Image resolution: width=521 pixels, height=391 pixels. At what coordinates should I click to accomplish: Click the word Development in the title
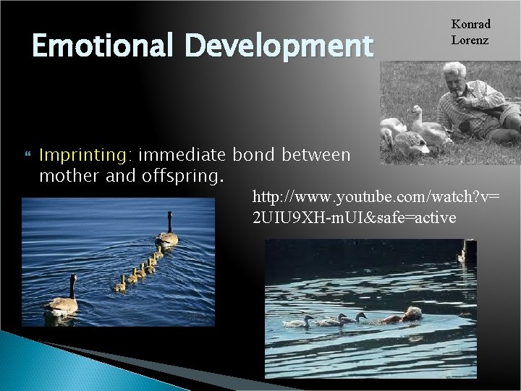point(278,46)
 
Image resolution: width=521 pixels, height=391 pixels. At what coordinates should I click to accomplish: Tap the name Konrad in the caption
point(470,24)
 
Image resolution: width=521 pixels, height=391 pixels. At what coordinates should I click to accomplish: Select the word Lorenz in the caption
point(470,40)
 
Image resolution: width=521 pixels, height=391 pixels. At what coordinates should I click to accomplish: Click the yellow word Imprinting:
point(85,154)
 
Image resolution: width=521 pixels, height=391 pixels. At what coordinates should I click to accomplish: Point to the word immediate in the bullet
point(184,154)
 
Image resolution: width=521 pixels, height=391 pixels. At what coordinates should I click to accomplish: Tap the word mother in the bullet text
point(69,175)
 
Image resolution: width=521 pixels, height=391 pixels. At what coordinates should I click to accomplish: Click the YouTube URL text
point(376,206)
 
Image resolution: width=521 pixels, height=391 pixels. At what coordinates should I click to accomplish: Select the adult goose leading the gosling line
point(168,233)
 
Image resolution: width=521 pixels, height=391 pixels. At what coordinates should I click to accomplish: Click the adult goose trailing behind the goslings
point(63,300)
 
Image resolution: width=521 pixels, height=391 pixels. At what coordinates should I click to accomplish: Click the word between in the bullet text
point(316,154)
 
